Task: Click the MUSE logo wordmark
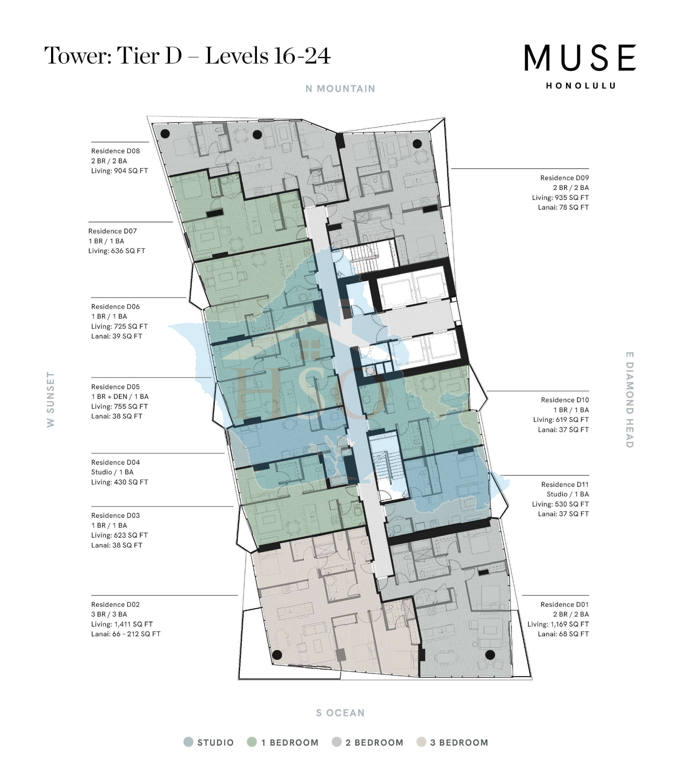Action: coord(580,58)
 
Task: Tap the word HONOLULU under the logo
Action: coord(580,86)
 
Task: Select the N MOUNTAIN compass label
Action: coord(340,89)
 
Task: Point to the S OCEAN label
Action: coord(340,713)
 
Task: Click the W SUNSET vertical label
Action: coord(50,399)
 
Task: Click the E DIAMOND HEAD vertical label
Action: coord(630,400)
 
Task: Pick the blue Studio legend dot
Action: coord(188,742)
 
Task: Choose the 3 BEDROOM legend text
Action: coord(459,743)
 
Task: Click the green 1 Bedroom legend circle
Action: coord(252,742)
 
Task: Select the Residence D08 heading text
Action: coord(115,151)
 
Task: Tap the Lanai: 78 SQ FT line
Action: coord(563,207)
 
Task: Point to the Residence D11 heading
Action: coord(565,484)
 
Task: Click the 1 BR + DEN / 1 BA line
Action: coord(120,397)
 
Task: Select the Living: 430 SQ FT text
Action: coord(119,482)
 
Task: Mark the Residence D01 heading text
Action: coord(564,604)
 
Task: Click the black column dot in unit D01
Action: coord(490,655)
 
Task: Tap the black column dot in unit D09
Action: coord(417,144)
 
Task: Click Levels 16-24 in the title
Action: coord(268,56)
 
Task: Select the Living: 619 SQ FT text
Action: coord(561,420)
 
